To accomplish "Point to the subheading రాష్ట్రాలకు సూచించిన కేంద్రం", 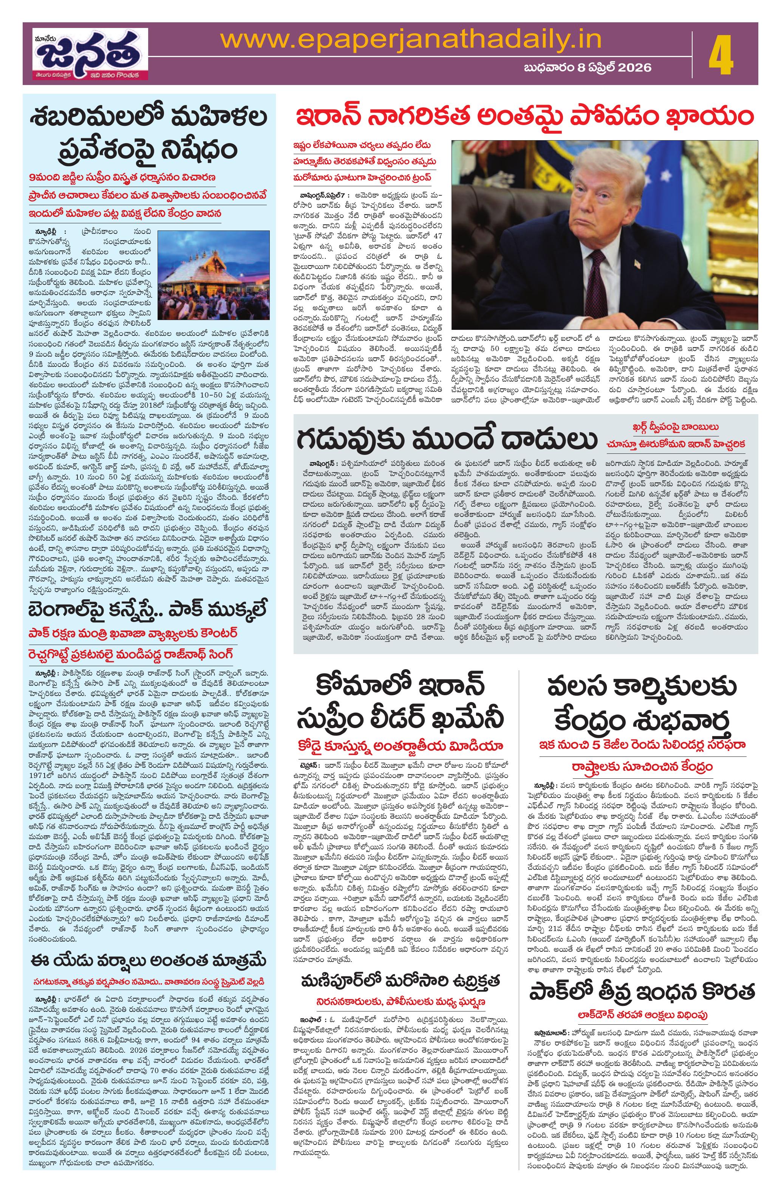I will point(640,753).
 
